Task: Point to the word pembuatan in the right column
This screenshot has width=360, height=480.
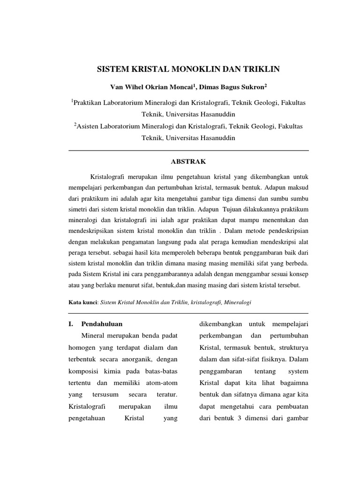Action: click(289, 406)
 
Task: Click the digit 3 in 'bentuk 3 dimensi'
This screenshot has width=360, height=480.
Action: click(239, 418)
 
